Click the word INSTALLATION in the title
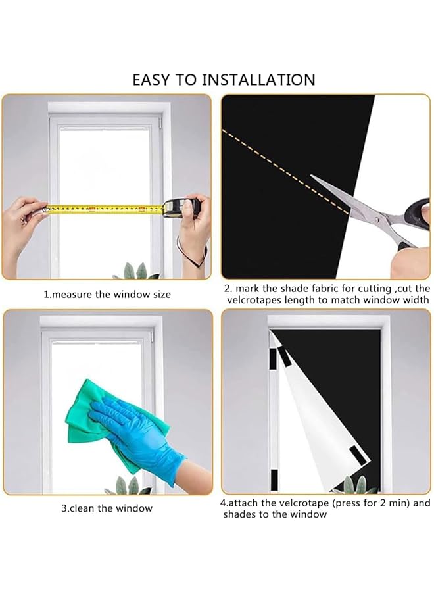pyautogui.click(x=258, y=80)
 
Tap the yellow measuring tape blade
pyautogui.click(x=105, y=209)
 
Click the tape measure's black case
pyautogui.click(x=180, y=207)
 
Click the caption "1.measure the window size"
pyautogui.click(x=107, y=294)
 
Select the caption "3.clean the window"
pyautogui.click(x=107, y=508)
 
